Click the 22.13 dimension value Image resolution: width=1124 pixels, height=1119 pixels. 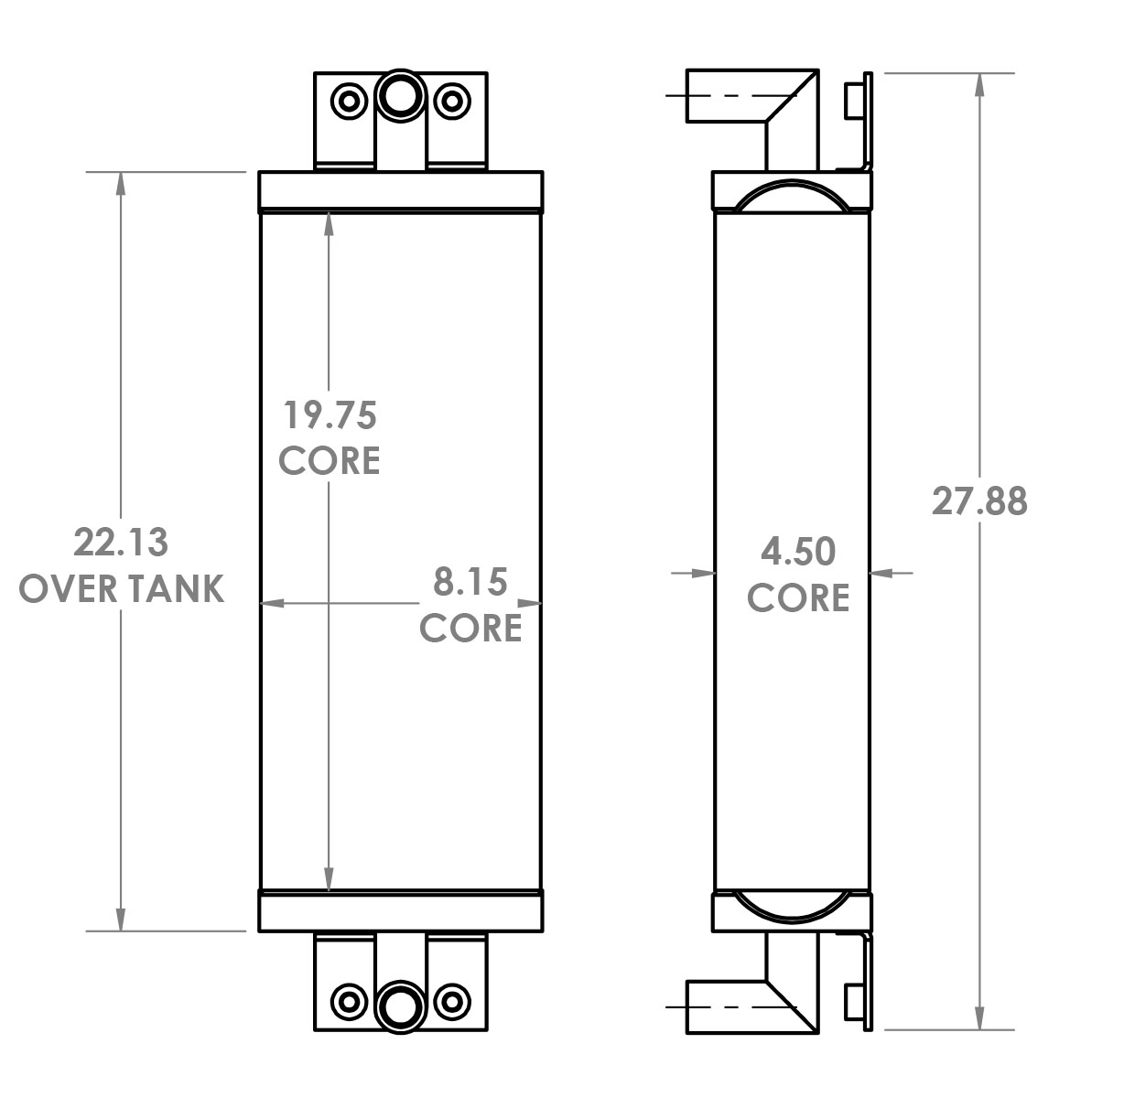(121, 543)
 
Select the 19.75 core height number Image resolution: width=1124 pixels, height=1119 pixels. (329, 415)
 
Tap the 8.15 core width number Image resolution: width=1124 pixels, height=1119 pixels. (470, 582)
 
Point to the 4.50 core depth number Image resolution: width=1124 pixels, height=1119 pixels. (798, 552)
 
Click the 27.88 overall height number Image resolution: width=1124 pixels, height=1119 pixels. (979, 501)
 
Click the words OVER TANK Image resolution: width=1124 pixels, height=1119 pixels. (121, 588)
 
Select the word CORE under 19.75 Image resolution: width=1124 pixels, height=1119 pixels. (329, 460)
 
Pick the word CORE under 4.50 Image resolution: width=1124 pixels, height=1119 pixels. (798, 597)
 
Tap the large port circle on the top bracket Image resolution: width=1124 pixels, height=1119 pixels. (400, 96)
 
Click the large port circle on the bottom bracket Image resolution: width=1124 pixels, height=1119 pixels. (400, 1007)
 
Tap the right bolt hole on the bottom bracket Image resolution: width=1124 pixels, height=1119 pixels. (451, 1000)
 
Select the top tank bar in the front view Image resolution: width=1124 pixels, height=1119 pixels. (401, 191)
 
